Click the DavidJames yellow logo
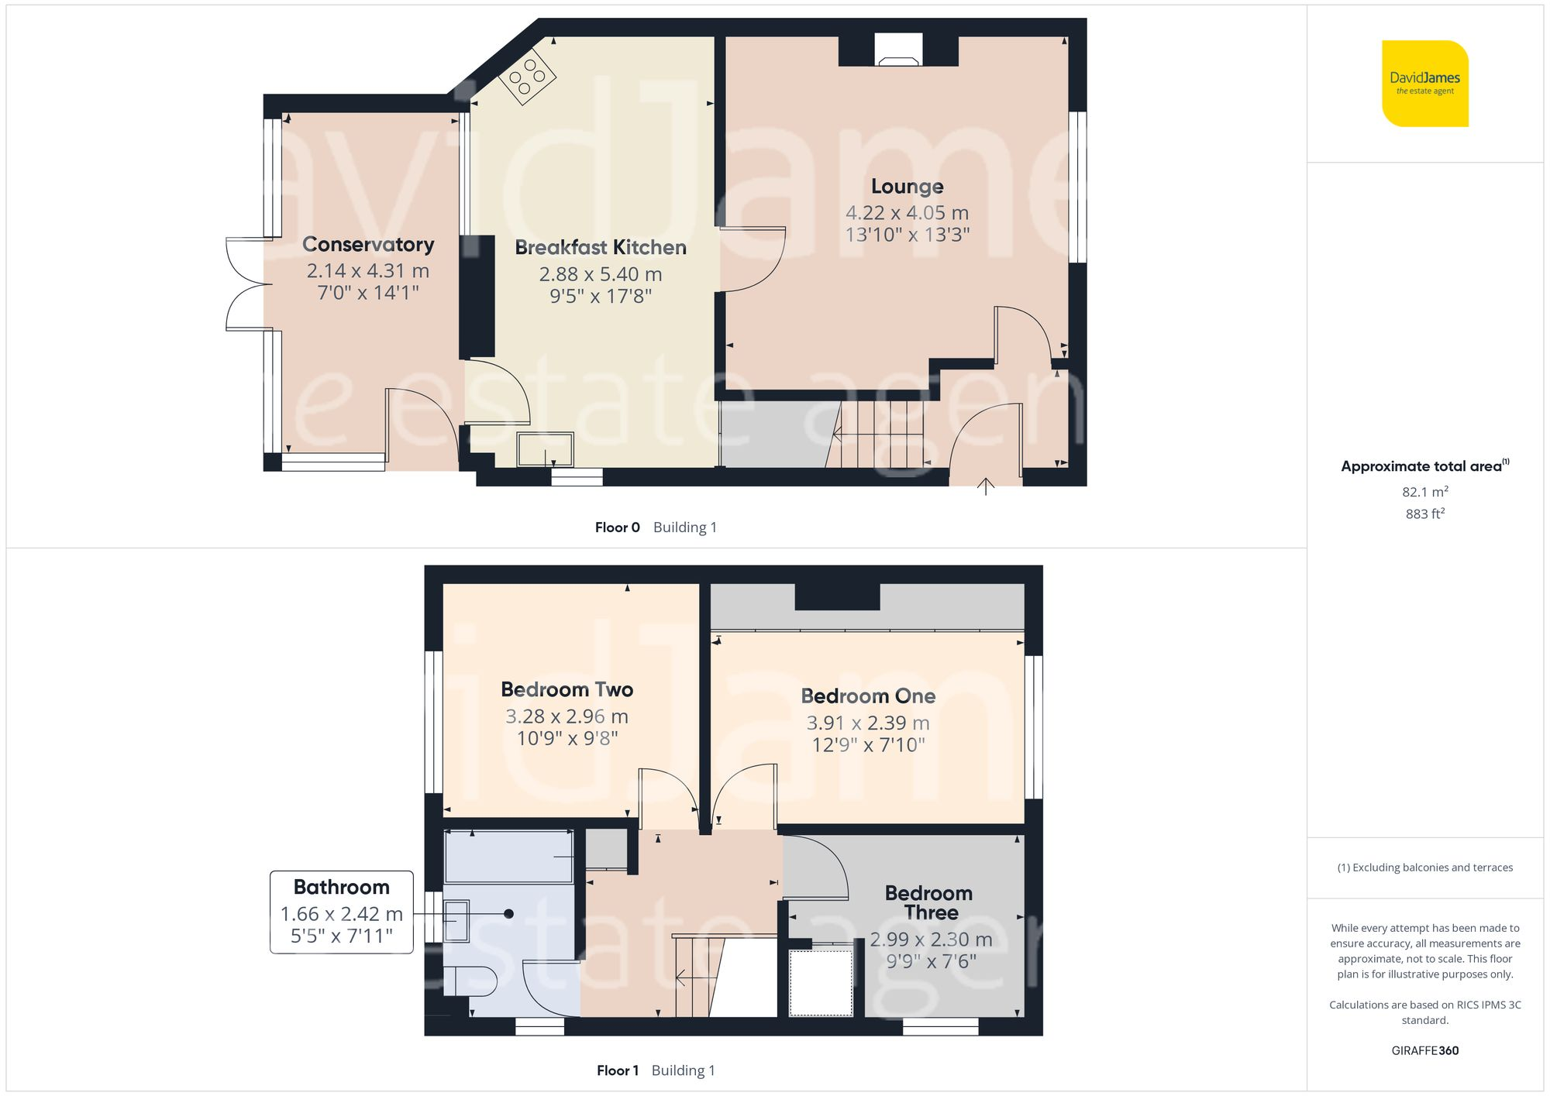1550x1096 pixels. (x=1424, y=84)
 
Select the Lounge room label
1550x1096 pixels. (x=907, y=187)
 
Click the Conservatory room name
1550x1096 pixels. (x=368, y=245)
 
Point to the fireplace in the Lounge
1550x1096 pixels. (x=899, y=50)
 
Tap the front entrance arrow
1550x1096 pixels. (x=986, y=486)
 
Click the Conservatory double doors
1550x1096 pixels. (x=246, y=284)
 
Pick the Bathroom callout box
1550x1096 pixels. (x=342, y=912)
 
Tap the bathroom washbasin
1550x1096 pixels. (x=456, y=920)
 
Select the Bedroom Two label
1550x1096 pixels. (x=567, y=690)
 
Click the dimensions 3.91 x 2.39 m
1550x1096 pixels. (x=868, y=723)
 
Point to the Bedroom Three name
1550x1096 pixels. (x=929, y=903)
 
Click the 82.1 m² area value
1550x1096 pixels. (x=1424, y=492)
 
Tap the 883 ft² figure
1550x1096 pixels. (x=1424, y=514)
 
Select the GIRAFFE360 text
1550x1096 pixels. (x=1424, y=1051)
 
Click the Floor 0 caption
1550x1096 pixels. (x=618, y=527)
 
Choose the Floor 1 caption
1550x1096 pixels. (x=618, y=1070)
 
